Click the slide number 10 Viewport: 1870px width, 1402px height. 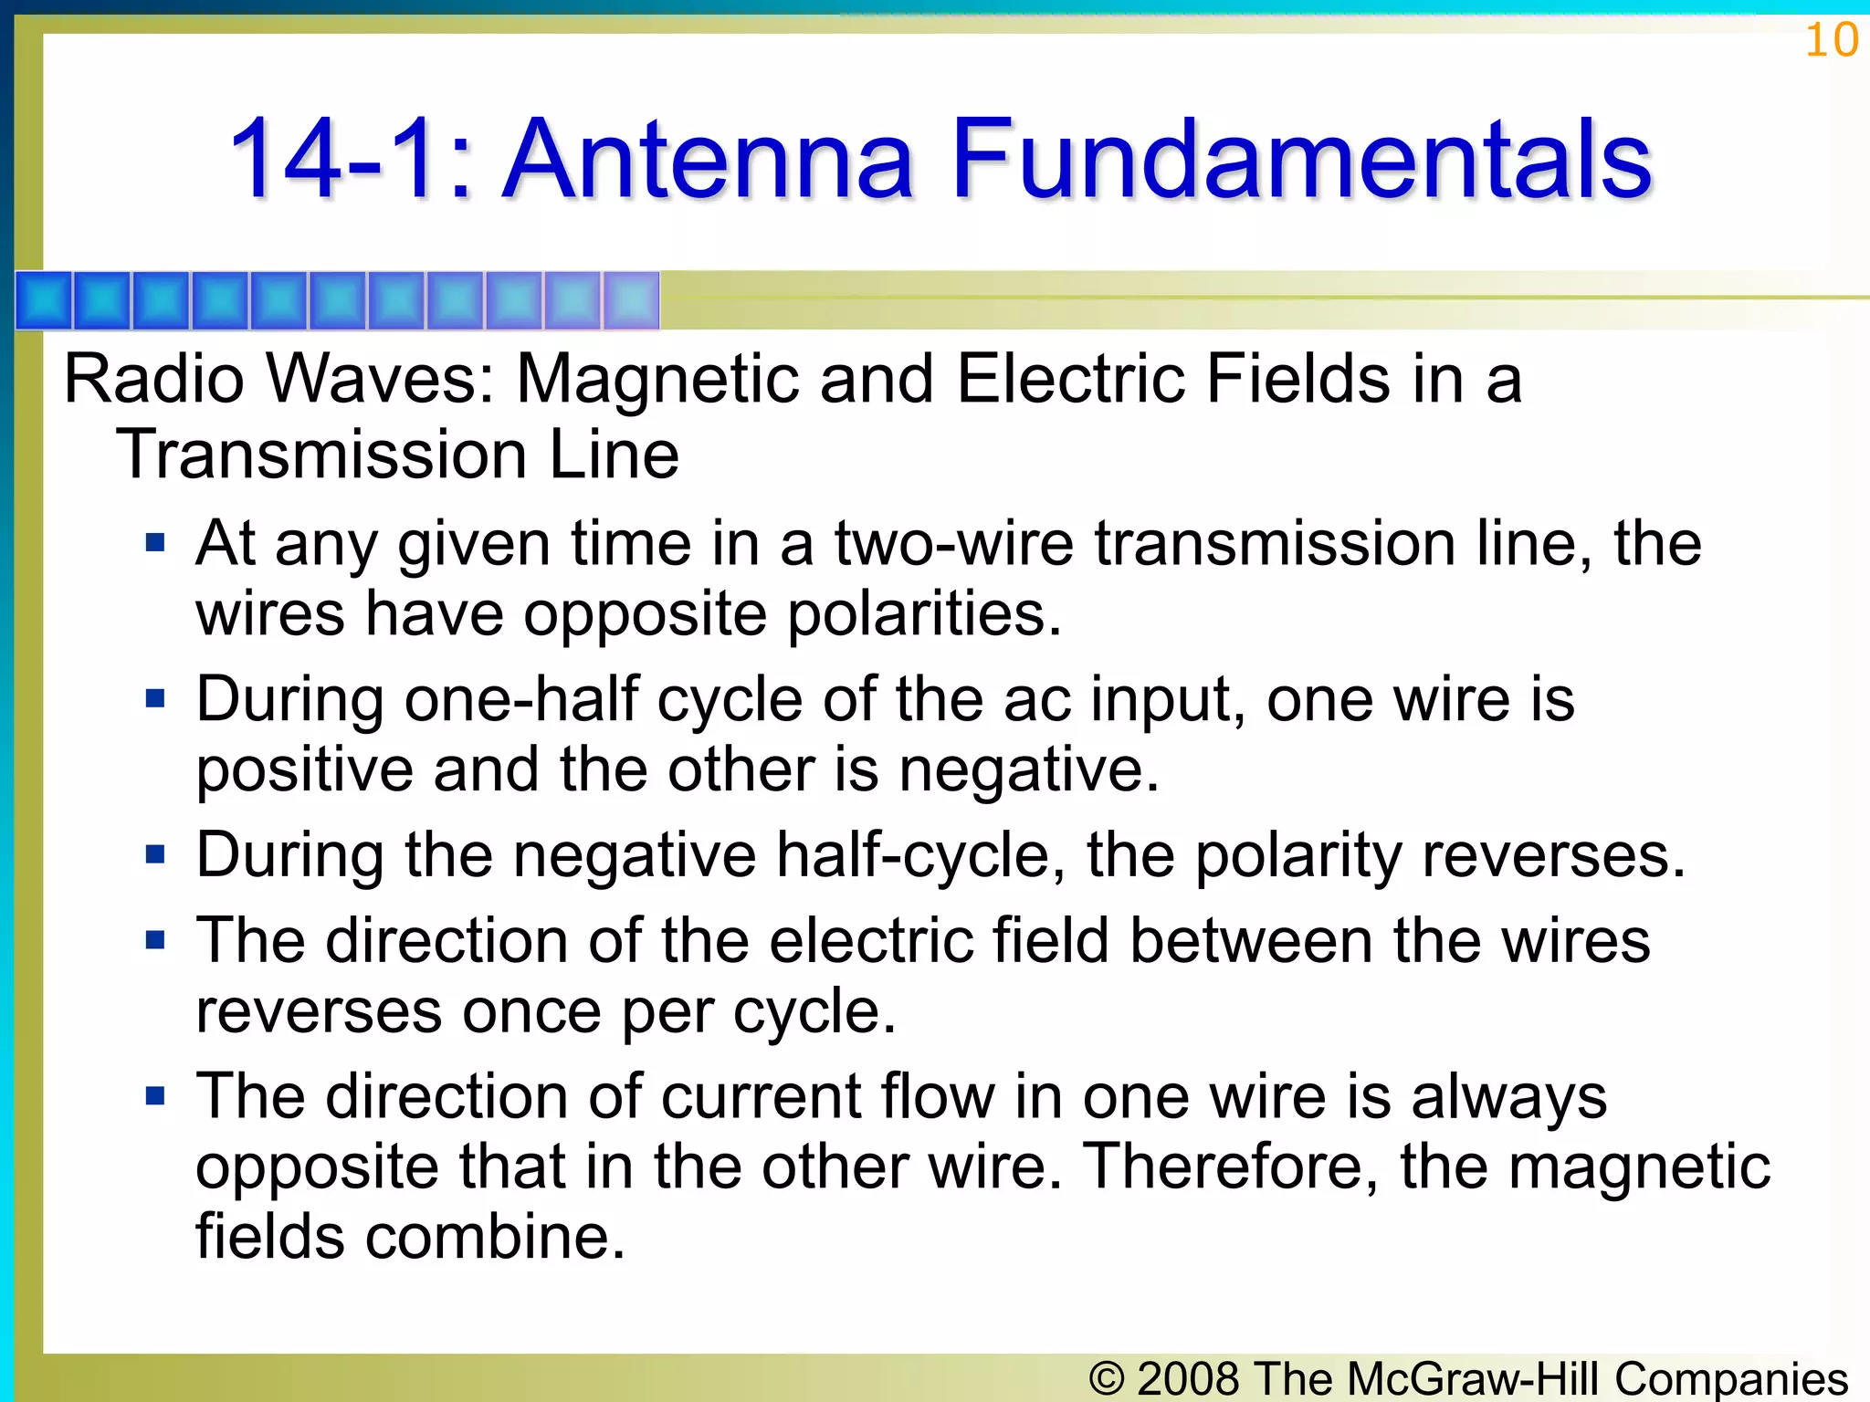(x=1832, y=40)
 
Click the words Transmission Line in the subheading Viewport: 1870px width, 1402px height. (x=398, y=455)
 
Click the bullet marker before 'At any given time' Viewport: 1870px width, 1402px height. (x=155, y=544)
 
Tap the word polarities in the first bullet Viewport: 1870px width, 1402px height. (x=924, y=613)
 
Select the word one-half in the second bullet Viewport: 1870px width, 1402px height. (x=520, y=701)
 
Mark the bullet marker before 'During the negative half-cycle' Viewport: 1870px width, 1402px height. (x=155, y=855)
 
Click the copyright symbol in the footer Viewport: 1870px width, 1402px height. (x=1107, y=1379)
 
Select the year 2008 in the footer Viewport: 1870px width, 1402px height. (x=1190, y=1379)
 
